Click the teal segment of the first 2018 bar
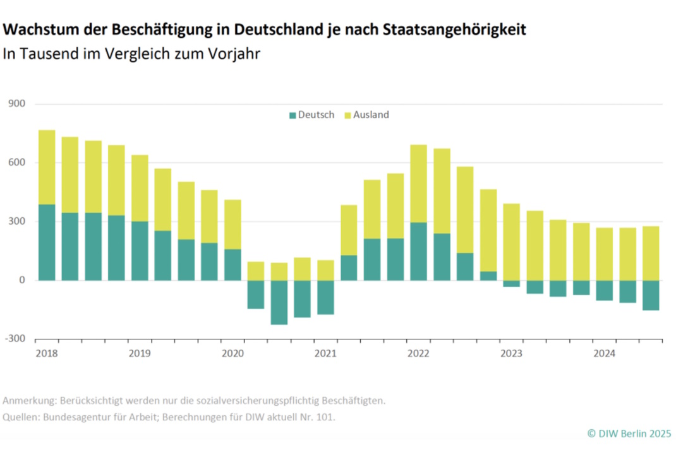47,242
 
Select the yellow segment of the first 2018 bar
47,167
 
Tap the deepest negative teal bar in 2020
279,302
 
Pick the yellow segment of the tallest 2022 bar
419,184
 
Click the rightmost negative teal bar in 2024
651,295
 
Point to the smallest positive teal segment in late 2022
488,276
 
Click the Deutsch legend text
316,115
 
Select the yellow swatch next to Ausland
347,115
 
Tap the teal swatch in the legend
293,115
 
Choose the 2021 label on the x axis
325,353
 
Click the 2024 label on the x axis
604,353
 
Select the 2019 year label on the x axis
140,353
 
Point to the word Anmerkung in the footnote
29,401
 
